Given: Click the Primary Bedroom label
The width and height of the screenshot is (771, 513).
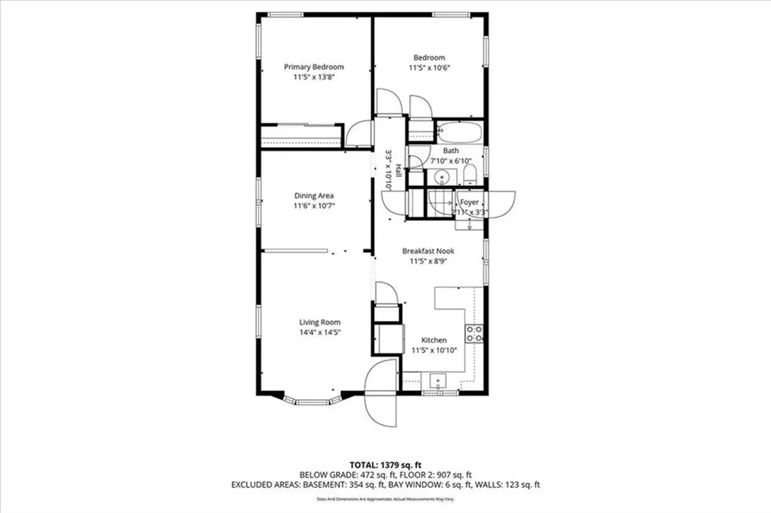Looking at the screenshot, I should tap(313, 67).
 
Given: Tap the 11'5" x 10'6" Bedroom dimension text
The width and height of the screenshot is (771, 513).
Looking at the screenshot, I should tap(428, 68).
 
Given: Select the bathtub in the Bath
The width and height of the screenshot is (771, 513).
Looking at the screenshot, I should tap(459, 133).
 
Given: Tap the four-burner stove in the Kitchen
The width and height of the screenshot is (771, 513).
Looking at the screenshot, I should tap(474, 334).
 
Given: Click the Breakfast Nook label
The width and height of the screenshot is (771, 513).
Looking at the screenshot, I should tap(428, 251).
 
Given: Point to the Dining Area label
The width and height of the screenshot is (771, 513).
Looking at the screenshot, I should tap(314, 196).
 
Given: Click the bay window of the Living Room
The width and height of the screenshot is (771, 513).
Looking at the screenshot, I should tap(315, 401).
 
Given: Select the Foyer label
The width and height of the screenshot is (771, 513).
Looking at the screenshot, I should tap(470, 203).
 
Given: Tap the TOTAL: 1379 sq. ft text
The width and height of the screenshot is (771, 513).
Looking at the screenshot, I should tap(385, 463).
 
